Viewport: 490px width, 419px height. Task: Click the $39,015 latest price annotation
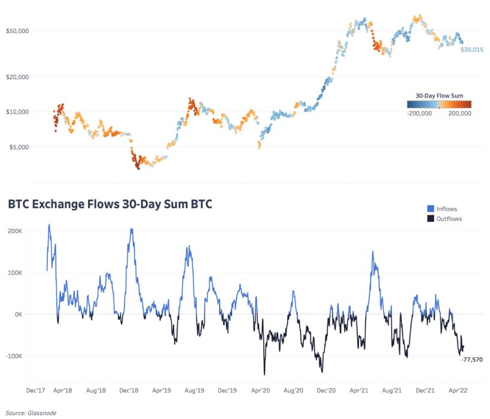tap(471, 50)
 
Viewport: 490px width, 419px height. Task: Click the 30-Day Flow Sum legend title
tap(439, 95)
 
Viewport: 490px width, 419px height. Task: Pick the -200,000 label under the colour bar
tap(421, 113)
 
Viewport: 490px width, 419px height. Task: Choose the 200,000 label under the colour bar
tap(459, 113)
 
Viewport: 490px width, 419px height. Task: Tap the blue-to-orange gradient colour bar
tap(439, 104)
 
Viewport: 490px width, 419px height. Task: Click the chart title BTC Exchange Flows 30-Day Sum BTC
tap(110, 205)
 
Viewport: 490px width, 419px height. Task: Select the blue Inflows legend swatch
tap(430, 209)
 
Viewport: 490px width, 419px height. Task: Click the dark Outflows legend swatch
tap(430, 219)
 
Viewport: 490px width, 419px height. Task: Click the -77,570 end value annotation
tap(471, 359)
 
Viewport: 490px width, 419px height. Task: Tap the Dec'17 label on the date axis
tap(36, 390)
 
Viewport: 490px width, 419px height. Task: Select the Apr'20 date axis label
tap(261, 390)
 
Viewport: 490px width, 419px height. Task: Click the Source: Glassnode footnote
tap(28, 412)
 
